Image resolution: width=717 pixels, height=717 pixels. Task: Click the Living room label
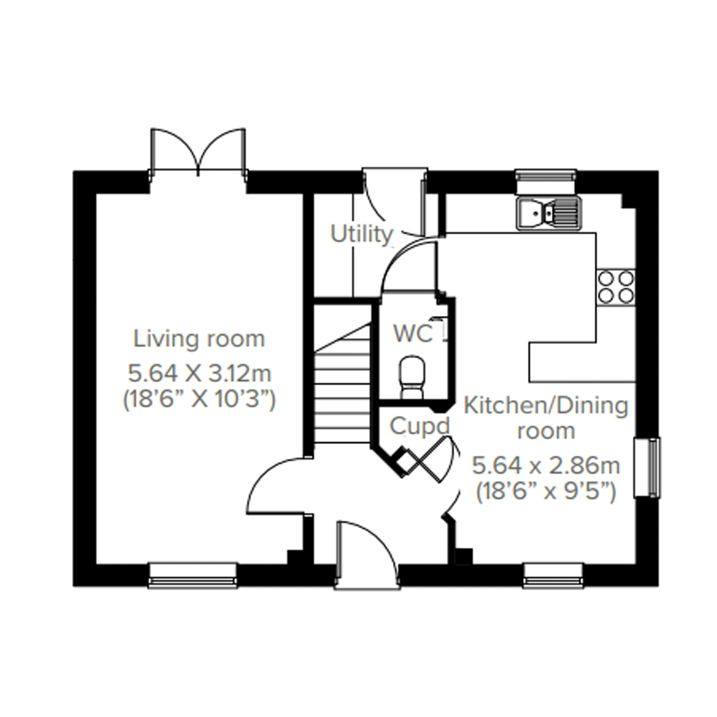click(x=199, y=339)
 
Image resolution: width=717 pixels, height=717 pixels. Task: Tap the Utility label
click(x=361, y=234)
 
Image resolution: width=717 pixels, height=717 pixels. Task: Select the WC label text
click(x=413, y=334)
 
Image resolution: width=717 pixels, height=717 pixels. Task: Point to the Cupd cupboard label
click(x=419, y=426)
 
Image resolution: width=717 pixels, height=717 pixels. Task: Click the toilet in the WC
click(x=412, y=377)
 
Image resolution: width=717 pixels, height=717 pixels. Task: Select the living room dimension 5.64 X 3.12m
click(x=200, y=373)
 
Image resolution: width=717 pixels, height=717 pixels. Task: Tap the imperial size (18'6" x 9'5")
click(x=546, y=492)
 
